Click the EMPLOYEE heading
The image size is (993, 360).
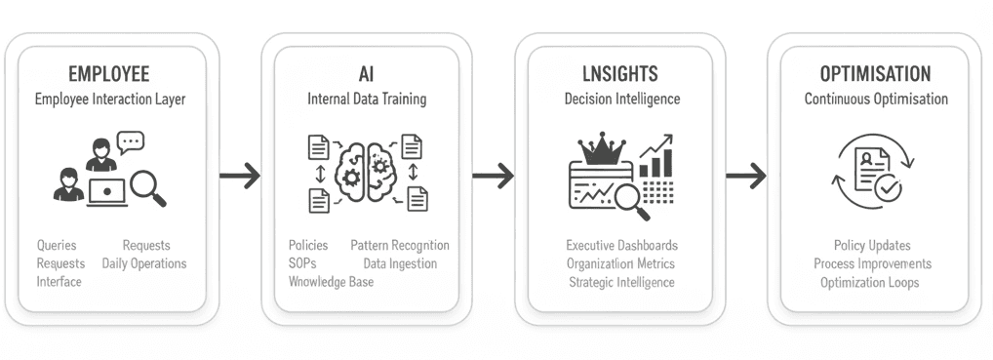tap(109, 74)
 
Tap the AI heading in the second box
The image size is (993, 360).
tap(366, 74)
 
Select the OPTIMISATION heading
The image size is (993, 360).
tap(875, 74)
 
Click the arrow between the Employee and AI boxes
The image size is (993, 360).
tap(240, 176)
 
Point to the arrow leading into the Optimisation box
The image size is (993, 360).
tap(746, 176)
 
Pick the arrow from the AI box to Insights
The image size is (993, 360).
tap(493, 176)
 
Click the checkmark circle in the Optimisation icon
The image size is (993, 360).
tap(888, 190)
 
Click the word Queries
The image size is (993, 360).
tap(57, 246)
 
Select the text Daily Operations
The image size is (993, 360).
tap(145, 263)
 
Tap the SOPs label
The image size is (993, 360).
tap(303, 263)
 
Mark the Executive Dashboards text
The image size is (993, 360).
tap(621, 246)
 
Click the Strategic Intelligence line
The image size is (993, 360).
tap(621, 282)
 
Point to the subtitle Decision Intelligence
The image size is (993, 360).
tap(621, 100)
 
